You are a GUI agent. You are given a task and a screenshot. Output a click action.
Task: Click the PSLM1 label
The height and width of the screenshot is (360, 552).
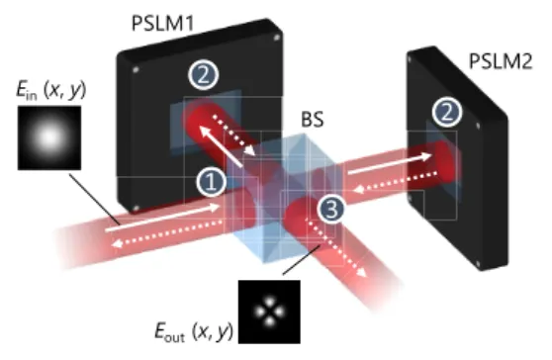[x=162, y=23]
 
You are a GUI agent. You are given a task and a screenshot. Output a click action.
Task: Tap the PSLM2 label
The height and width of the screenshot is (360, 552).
[x=501, y=61]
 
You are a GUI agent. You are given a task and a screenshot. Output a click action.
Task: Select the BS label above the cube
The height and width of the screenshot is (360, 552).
[x=313, y=119]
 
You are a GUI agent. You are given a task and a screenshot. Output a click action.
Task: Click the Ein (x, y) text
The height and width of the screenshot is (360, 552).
[x=51, y=90]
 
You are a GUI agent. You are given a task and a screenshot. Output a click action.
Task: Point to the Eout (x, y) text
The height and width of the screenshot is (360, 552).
[x=194, y=331]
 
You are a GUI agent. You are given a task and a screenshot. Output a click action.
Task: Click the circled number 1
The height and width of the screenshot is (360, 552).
[x=211, y=182]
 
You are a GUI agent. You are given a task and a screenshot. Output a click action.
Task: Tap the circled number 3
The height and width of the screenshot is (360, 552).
[x=331, y=209]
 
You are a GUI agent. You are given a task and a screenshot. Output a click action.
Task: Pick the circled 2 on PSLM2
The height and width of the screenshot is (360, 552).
[x=446, y=113]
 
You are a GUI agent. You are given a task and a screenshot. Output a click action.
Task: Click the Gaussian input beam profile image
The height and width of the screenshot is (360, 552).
[x=49, y=137]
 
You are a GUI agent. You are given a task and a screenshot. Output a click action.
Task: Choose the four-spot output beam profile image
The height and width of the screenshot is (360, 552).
[x=269, y=312]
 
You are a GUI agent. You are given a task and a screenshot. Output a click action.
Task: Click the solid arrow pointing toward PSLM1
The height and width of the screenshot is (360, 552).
[x=221, y=146]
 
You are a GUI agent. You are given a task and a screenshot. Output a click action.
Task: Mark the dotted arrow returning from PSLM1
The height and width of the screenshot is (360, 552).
[x=234, y=135]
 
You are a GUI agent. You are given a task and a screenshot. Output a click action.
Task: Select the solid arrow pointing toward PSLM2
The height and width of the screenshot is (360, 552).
[x=390, y=163]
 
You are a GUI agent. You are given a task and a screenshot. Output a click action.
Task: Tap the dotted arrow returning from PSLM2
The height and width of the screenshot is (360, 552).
[x=395, y=182]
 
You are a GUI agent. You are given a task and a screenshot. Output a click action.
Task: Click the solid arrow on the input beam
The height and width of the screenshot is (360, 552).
[x=162, y=218]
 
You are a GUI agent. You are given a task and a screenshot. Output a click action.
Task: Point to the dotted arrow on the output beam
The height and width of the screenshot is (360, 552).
[x=337, y=247]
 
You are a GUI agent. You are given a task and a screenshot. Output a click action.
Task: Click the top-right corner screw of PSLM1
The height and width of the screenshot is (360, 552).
[x=277, y=38]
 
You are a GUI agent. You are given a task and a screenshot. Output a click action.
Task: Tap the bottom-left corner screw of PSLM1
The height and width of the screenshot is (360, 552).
[x=136, y=209]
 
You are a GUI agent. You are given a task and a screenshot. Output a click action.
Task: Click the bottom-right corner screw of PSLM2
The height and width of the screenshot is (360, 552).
[x=478, y=264]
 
